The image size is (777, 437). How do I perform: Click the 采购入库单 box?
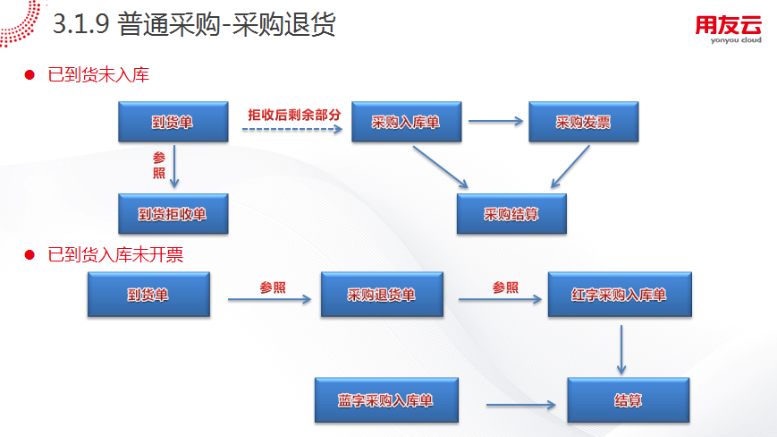pyautogui.click(x=406, y=122)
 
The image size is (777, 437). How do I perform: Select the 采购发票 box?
pyautogui.click(x=583, y=122)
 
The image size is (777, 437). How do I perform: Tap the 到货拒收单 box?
pyautogui.click(x=173, y=214)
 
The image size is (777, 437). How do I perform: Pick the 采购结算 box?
pyautogui.click(x=511, y=214)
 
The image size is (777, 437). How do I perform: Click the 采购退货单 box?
pyautogui.click(x=382, y=295)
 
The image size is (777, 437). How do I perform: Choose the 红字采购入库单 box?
pyautogui.click(x=619, y=295)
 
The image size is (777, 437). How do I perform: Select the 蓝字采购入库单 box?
pyautogui.click(x=386, y=400)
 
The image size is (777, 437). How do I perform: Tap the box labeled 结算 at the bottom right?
pyautogui.click(x=629, y=400)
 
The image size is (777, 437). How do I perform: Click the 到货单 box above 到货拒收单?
pyautogui.click(x=173, y=122)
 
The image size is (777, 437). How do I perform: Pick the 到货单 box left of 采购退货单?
pyautogui.click(x=148, y=295)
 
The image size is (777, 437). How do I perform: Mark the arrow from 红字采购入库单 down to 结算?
pyautogui.click(x=621, y=348)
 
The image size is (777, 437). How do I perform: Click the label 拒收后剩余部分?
pyautogui.click(x=294, y=115)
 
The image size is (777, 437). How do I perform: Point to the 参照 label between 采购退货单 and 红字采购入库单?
pyautogui.click(x=505, y=287)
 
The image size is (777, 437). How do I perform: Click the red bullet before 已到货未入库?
pyautogui.click(x=29, y=75)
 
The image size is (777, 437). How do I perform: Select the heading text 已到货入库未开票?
pyautogui.click(x=115, y=255)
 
